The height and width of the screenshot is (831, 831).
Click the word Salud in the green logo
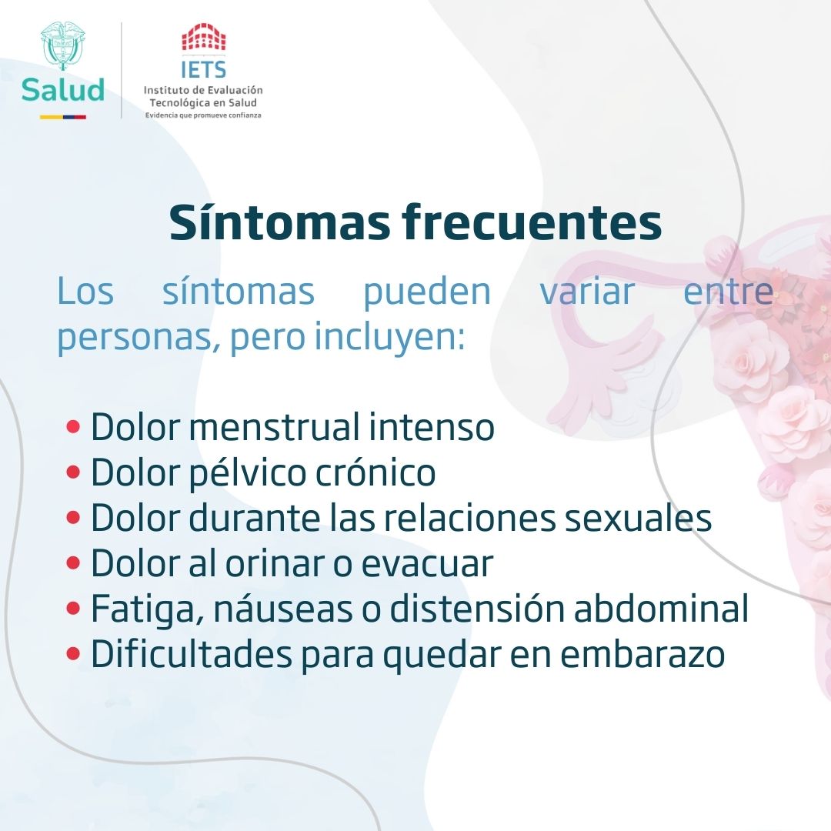[63, 90]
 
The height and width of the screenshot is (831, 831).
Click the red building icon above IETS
[204, 38]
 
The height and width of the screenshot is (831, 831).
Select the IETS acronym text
[204, 71]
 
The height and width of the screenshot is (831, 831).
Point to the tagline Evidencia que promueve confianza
[203, 115]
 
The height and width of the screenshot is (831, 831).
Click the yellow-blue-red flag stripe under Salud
[63, 117]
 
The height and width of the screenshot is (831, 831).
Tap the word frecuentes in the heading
[531, 223]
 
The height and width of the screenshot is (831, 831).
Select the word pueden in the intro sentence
[427, 292]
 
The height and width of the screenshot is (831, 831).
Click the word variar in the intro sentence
[587, 292]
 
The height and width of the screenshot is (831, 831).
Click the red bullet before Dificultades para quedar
[74, 655]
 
